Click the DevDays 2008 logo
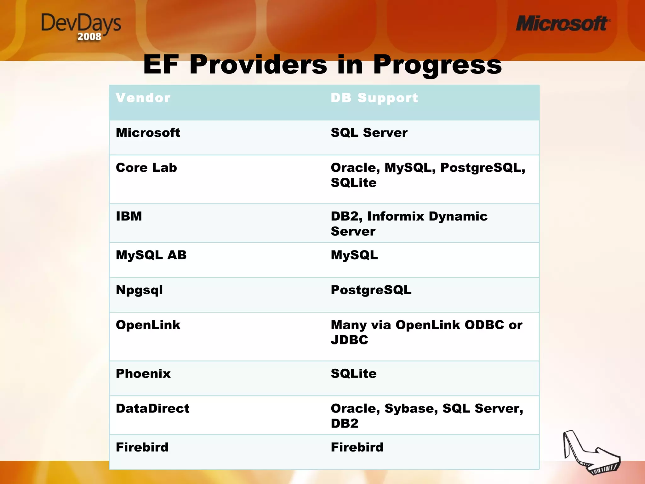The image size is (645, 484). [81, 27]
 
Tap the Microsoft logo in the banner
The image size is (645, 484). [562, 24]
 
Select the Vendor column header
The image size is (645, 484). [143, 98]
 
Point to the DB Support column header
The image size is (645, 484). [374, 98]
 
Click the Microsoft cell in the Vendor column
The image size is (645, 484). [148, 133]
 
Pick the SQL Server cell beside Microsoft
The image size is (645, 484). [369, 133]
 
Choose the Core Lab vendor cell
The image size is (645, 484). [146, 168]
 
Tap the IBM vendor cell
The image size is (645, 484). [129, 216]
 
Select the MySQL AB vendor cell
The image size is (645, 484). [151, 255]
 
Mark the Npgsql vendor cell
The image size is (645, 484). [139, 290]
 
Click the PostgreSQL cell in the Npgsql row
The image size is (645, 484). [371, 290]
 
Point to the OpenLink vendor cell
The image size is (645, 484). [148, 325]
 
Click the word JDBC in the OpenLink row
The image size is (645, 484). [349, 340]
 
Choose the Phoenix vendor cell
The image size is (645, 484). [143, 374]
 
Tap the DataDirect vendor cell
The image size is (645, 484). [152, 409]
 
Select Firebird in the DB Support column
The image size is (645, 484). [357, 447]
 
